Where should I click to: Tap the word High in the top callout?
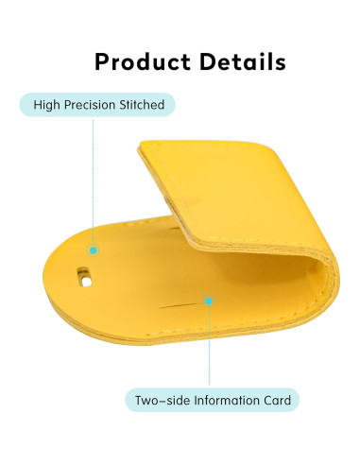(x=47, y=105)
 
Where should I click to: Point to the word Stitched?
(x=142, y=105)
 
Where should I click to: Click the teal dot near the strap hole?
(x=93, y=250)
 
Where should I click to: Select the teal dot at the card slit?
(x=209, y=301)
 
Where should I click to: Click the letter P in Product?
(x=103, y=62)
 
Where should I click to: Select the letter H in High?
(x=38, y=105)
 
